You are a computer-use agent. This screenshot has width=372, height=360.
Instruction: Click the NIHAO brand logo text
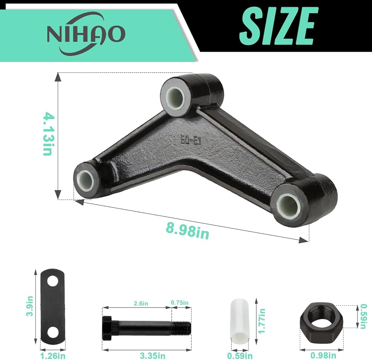pos(86,34)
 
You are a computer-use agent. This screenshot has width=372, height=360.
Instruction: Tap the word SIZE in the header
pos(279,26)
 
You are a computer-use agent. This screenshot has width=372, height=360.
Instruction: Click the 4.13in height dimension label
pos(49,134)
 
